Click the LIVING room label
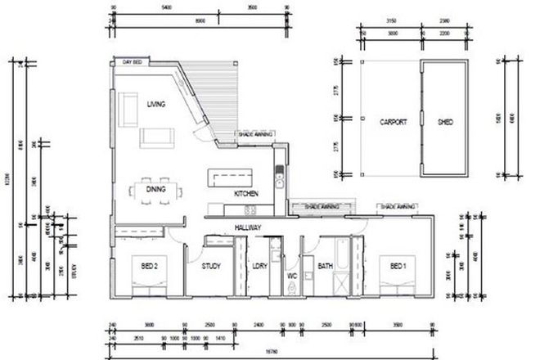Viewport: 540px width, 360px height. (x=156, y=105)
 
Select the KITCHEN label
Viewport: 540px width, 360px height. (x=246, y=194)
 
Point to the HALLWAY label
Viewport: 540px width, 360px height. (x=247, y=227)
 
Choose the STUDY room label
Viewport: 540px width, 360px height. (x=213, y=266)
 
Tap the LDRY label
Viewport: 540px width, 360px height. (x=260, y=266)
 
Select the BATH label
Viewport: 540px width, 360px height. (x=324, y=266)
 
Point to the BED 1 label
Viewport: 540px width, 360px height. (x=398, y=266)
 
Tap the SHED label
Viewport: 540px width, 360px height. (x=445, y=123)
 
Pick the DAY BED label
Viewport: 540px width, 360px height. (x=133, y=62)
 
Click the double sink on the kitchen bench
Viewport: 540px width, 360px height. (x=278, y=175)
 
